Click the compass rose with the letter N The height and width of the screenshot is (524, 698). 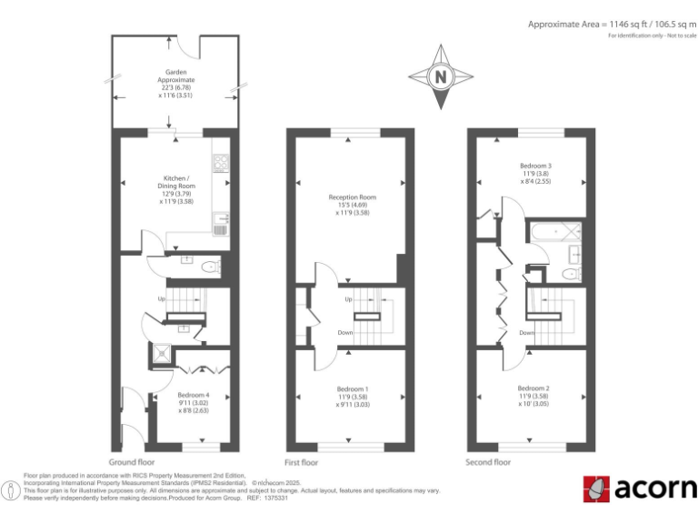point(441,77)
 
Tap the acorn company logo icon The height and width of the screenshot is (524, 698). point(596,489)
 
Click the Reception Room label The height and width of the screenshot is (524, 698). point(353,205)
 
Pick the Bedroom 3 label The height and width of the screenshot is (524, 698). point(535,173)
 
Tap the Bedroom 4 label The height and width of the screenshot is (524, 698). point(194,401)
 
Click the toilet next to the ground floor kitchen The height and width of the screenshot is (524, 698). point(210,267)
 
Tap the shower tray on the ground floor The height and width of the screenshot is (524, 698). point(162,354)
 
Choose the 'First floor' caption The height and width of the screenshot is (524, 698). point(303,462)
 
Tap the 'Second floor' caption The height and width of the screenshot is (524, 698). point(489,462)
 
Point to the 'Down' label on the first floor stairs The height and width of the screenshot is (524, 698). point(345,333)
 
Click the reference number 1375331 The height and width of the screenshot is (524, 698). point(274,498)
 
